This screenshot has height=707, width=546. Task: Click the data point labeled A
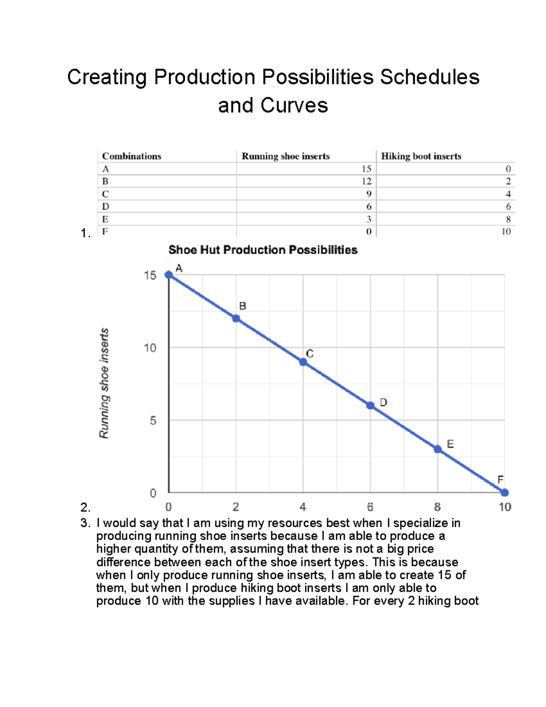click(169, 275)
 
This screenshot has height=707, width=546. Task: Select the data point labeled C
click(303, 362)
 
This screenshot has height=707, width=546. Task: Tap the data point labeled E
click(438, 449)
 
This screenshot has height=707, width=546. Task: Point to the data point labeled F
click(505, 493)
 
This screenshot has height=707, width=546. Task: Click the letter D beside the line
click(384, 402)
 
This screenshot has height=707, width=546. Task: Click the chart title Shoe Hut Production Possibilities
click(263, 250)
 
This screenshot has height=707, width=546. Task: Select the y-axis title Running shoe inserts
click(104, 383)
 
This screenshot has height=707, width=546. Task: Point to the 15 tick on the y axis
click(150, 275)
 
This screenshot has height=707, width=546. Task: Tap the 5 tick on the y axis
click(153, 421)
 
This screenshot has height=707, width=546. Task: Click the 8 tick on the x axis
click(437, 507)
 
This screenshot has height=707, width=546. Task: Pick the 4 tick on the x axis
click(303, 507)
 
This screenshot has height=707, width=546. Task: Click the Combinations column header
click(131, 156)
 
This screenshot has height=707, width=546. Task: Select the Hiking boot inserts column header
click(421, 156)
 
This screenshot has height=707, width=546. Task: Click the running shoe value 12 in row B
click(367, 181)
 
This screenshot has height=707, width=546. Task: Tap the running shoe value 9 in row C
click(369, 194)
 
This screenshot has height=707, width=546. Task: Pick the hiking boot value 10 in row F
click(506, 232)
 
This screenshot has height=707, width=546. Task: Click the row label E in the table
click(105, 219)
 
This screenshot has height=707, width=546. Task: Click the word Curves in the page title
click(294, 106)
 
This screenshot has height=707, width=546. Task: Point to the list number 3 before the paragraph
click(85, 523)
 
